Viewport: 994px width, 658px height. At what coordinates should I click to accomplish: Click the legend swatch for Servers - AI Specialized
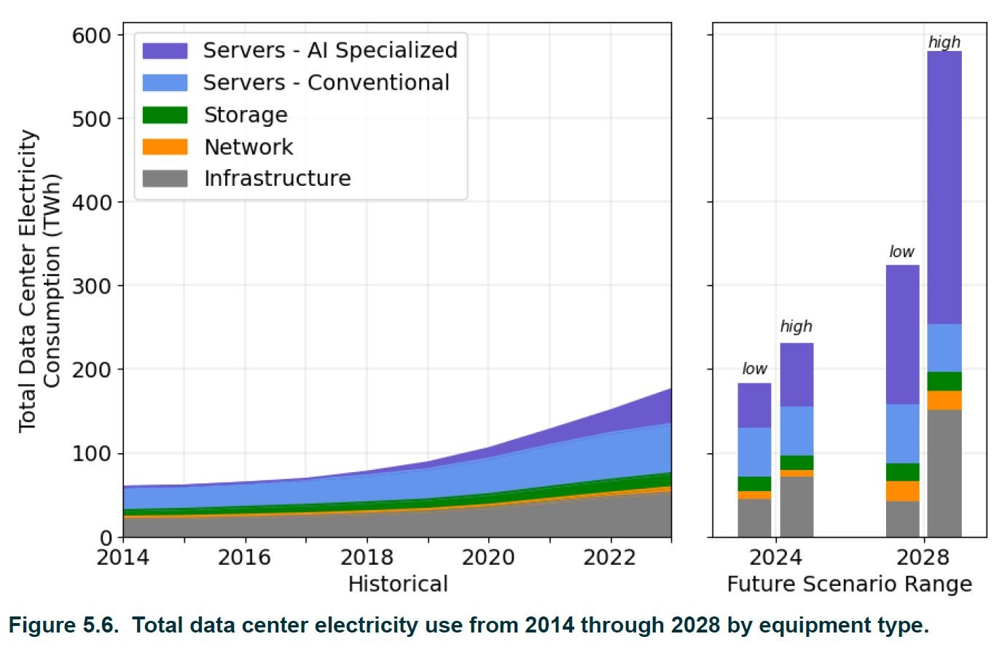pyautogui.click(x=165, y=50)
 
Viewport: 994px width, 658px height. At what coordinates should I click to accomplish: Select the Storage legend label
pyautogui.click(x=246, y=115)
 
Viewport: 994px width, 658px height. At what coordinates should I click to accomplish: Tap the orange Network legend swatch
pyautogui.click(x=165, y=147)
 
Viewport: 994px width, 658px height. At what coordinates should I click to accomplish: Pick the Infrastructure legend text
pyautogui.click(x=277, y=179)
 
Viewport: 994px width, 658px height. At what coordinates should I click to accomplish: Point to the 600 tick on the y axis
pyautogui.click(x=92, y=35)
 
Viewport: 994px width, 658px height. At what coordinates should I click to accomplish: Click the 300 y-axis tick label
pyautogui.click(x=92, y=286)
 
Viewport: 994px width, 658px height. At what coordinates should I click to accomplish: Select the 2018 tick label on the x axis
pyautogui.click(x=367, y=557)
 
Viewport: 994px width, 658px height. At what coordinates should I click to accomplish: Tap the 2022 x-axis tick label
pyautogui.click(x=611, y=557)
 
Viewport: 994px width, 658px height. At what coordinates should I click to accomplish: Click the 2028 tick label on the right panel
pyautogui.click(x=923, y=557)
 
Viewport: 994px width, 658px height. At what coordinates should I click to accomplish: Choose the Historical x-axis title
pyautogui.click(x=398, y=584)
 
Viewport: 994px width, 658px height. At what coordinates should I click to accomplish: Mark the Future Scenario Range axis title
pyautogui.click(x=849, y=584)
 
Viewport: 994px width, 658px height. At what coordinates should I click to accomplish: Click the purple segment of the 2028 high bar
pyautogui.click(x=944, y=187)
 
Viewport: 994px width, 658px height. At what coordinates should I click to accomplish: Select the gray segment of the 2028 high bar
pyautogui.click(x=944, y=474)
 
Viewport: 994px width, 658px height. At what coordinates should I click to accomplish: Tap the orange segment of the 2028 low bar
pyautogui.click(x=902, y=491)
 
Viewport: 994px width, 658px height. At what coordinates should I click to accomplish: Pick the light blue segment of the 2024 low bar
pyautogui.click(x=754, y=452)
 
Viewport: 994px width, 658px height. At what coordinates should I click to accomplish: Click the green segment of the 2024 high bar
pyautogui.click(x=797, y=463)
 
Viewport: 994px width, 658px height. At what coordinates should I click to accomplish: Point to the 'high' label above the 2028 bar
pyautogui.click(x=944, y=42)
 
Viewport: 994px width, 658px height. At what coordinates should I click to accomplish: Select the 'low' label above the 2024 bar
pyautogui.click(x=754, y=369)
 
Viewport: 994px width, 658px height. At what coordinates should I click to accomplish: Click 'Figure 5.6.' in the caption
pyautogui.click(x=63, y=625)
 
